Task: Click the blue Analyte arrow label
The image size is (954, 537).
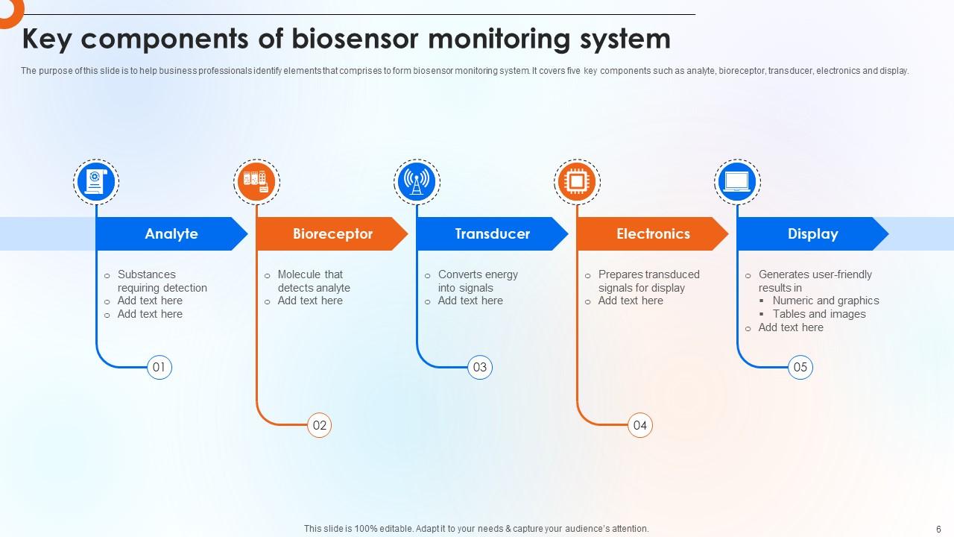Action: pos(171,233)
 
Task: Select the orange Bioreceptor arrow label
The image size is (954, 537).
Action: pos(332,233)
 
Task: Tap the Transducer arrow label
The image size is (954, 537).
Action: pos(492,233)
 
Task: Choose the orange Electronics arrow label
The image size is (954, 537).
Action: pos(653,233)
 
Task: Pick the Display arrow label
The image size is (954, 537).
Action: pos(812,233)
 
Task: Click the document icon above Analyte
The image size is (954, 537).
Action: pos(97,182)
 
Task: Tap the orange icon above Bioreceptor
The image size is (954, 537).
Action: pos(256,182)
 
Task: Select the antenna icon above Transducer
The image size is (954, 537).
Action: pos(417,182)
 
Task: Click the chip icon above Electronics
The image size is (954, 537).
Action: pos(577,182)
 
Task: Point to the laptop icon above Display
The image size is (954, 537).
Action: pos(737,182)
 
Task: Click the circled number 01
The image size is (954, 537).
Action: pos(159,367)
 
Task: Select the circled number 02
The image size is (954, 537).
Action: pos(320,425)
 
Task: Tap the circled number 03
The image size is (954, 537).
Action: pos(480,367)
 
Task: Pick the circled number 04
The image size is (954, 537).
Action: pos(640,425)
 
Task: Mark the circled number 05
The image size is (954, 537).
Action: pos(800,367)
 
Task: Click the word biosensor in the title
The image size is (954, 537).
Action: pos(355,39)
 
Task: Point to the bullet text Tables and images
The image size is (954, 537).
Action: pos(819,314)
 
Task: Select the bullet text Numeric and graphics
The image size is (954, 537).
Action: pos(826,301)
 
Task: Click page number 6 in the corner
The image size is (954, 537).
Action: pos(938,528)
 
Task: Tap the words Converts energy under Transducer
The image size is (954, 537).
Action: pos(478,274)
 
